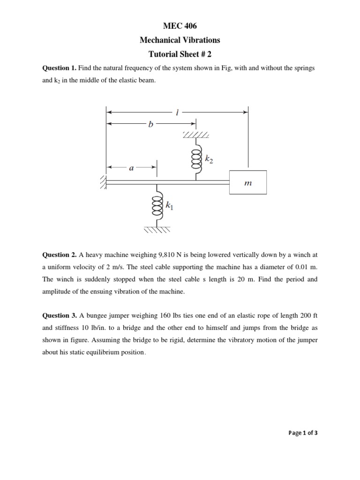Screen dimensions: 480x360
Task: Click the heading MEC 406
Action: [x=180, y=28]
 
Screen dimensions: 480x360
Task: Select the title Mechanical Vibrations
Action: [x=180, y=40]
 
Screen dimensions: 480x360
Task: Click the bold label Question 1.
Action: [x=59, y=68]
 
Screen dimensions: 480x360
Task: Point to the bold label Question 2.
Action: [x=59, y=255]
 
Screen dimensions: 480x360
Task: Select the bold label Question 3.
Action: [x=59, y=315]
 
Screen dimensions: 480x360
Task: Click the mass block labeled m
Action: [x=248, y=183]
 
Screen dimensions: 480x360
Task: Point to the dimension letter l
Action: [x=176, y=112]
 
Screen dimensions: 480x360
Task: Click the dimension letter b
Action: [x=150, y=124]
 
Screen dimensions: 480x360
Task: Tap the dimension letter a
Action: [x=131, y=167]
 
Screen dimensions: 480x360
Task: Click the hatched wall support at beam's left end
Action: [x=103, y=182]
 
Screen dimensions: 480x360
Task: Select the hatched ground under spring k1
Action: [x=157, y=230]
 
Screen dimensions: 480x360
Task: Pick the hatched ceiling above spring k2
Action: [x=196, y=135]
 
